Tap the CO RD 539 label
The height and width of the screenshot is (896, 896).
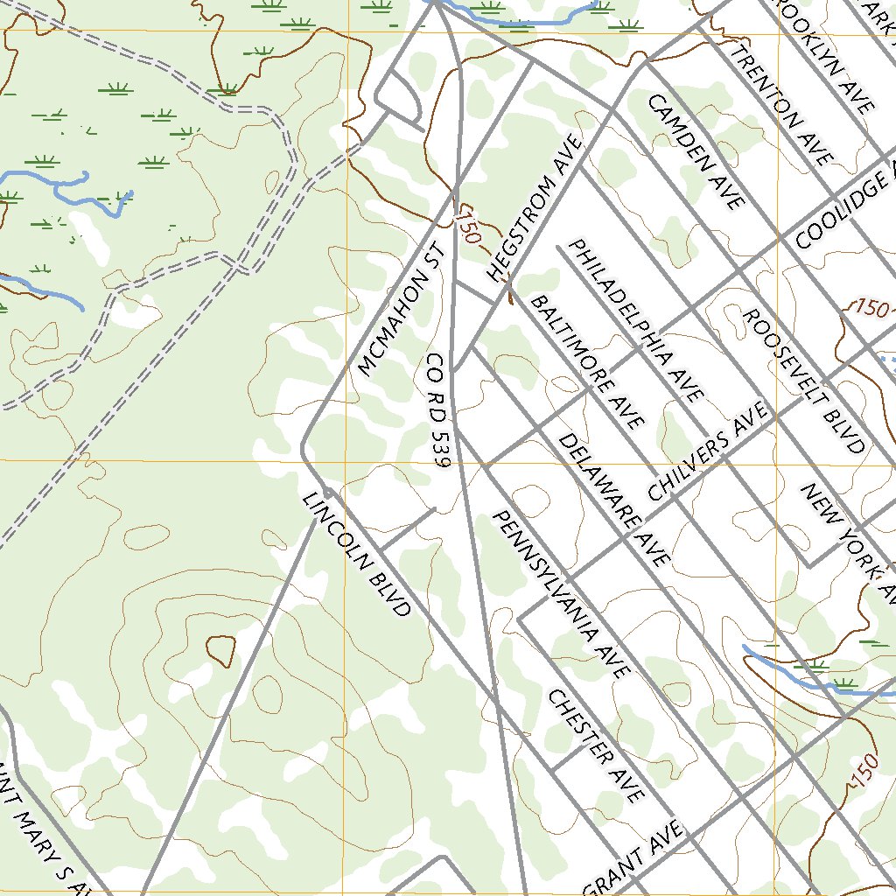pyautogui.click(x=438, y=410)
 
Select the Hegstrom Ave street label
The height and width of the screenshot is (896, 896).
pyautogui.click(x=535, y=209)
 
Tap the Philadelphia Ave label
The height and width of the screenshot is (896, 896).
pyautogui.click(x=636, y=319)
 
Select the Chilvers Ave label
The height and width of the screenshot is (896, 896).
pyautogui.click(x=710, y=451)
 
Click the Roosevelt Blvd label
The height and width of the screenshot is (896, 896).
pyautogui.click(x=803, y=380)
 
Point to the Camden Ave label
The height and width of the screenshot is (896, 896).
pyautogui.click(x=695, y=152)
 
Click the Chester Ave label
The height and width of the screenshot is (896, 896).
pyautogui.click(x=596, y=745)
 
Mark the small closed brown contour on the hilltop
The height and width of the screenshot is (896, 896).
pyautogui.click(x=220, y=648)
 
